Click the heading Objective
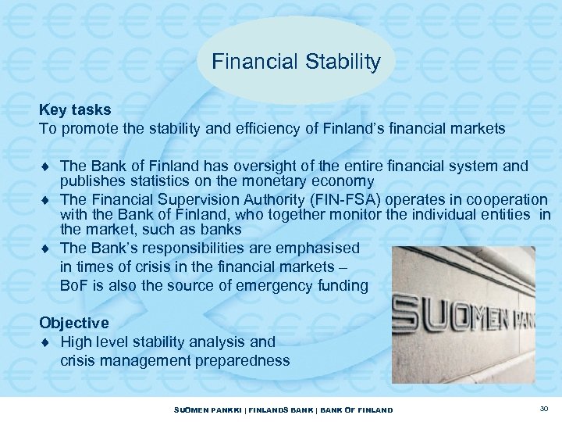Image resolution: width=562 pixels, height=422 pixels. coord(75,322)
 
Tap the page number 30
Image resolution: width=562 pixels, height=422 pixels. coord(543,409)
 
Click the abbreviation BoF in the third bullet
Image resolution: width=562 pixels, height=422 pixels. coord(71,285)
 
